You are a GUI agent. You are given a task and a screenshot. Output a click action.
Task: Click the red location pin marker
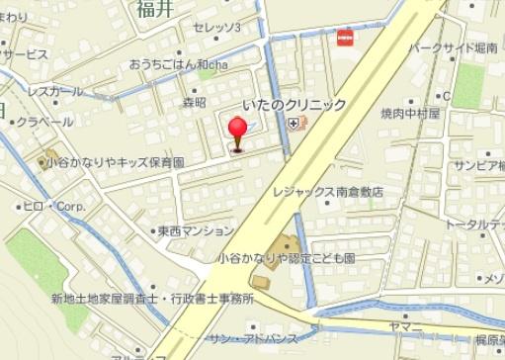tap(237, 133)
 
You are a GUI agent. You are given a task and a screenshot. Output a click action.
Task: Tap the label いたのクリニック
tap(295, 105)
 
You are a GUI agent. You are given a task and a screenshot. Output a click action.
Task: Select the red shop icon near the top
tap(345, 38)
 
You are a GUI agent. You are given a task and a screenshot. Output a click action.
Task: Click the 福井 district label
tap(156, 10)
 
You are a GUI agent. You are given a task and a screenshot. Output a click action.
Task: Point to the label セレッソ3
tap(217, 28)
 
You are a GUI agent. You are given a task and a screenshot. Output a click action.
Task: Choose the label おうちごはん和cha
tap(178, 65)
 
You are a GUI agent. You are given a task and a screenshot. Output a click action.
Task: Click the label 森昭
tap(195, 102)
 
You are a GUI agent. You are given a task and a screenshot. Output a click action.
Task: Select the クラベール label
tap(43, 122)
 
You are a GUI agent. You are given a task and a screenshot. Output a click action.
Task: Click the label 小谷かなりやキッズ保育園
tap(115, 160)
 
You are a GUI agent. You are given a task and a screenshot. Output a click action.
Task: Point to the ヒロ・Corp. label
tap(56, 208)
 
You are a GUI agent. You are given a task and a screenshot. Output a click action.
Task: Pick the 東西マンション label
tap(197, 231)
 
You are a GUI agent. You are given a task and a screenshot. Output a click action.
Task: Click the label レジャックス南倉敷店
tap(329, 192)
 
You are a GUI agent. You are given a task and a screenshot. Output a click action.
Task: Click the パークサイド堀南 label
tap(454, 46)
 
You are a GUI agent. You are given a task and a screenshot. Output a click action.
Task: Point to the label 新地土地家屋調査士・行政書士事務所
tap(152, 298)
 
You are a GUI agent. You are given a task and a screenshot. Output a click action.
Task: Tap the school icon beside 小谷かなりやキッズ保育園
tap(51, 158)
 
